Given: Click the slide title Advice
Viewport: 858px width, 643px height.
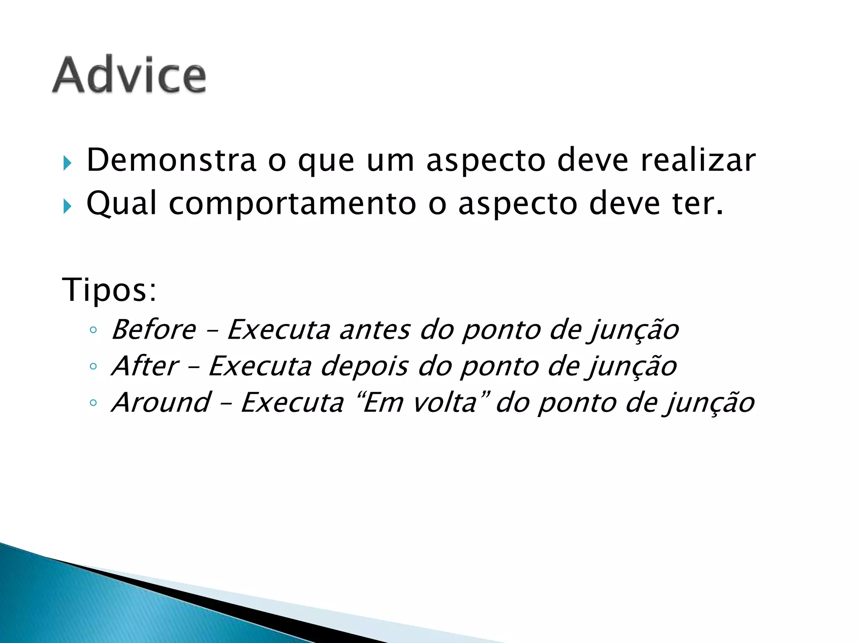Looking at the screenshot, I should (x=129, y=75).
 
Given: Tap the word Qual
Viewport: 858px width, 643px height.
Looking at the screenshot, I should (x=121, y=203).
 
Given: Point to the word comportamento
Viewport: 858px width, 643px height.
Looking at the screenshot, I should (x=292, y=203).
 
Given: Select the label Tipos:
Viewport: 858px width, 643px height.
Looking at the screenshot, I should (x=109, y=290).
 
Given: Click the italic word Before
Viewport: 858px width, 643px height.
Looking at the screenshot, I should (x=154, y=330).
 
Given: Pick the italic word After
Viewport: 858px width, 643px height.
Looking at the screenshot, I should (x=145, y=366).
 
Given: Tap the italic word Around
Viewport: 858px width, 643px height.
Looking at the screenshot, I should (x=161, y=403).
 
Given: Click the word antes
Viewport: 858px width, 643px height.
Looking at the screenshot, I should (x=374, y=330).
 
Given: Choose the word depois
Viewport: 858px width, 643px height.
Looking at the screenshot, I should (x=364, y=366).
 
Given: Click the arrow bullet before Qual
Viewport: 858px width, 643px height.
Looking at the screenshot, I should (x=67, y=206).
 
